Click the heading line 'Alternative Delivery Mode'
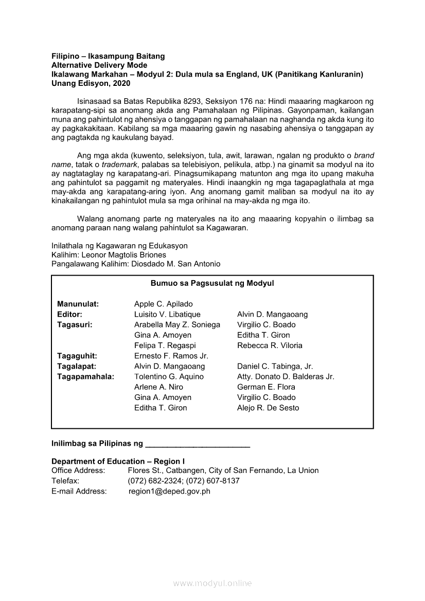click(99, 65)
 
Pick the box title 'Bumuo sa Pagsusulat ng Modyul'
click(212, 283)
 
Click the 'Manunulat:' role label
click(78, 304)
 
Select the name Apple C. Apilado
click(164, 304)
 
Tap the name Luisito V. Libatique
click(167, 314)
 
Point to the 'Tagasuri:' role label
click(75, 324)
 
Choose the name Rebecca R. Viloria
click(270, 345)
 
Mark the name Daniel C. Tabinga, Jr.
click(275, 367)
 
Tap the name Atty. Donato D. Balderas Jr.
click(286, 376)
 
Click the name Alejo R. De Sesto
click(268, 408)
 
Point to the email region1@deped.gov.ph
click(169, 491)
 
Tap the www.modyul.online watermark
click(213, 583)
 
